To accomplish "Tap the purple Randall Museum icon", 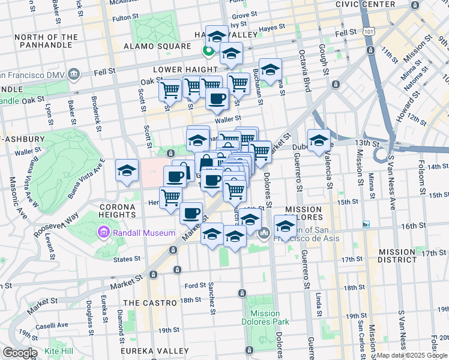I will [103, 232].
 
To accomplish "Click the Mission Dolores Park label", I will [265, 317].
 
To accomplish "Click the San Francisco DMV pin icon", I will [74, 74].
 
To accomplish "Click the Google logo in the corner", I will [20, 353].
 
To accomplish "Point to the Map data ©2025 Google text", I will [412, 355].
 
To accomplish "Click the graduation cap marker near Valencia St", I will [319, 141].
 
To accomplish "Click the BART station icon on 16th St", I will [366, 224].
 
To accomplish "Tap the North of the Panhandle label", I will [46, 41].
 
